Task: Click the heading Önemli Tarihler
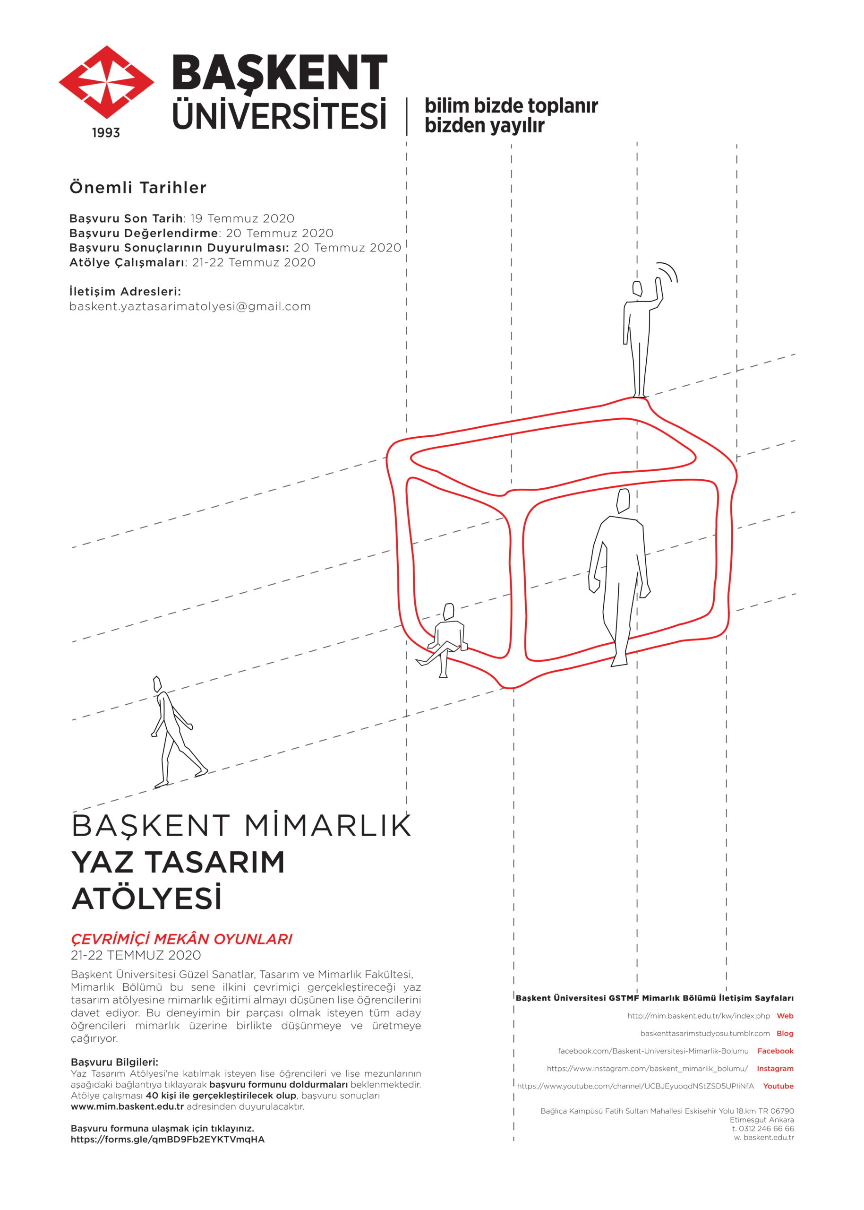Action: click(x=138, y=188)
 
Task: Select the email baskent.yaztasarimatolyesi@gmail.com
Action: click(x=190, y=307)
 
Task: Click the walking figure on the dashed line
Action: click(x=173, y=732)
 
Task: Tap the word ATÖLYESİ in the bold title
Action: click(x=146, y=899)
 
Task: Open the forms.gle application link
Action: click(x=168, y=1140)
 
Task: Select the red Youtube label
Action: click(x=778, y=1087)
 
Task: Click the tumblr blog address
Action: click(x=704, y=1034)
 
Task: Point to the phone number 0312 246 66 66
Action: click(x=766, y=1129)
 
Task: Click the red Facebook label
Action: click(x=775, y=1051)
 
